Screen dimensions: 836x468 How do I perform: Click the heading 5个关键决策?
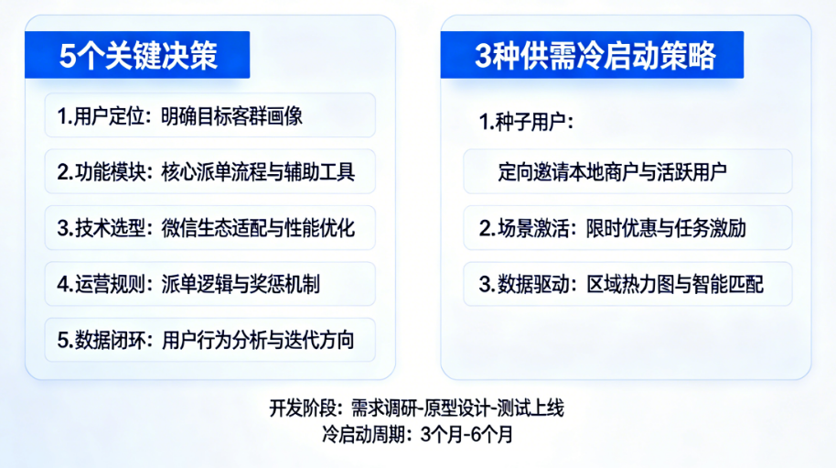(138, 55)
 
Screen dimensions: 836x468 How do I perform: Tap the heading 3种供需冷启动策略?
(595, 55)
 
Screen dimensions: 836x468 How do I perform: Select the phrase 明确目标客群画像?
(232, 115)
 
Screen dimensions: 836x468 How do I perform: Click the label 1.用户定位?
(101, 115)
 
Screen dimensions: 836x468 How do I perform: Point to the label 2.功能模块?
(101, 172)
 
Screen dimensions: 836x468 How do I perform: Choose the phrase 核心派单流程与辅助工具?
(258, 172)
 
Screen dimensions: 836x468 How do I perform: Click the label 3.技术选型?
(101, 228)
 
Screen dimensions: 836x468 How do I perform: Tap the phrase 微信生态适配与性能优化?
(258, 228)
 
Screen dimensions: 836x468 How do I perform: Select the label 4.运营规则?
(101, 284)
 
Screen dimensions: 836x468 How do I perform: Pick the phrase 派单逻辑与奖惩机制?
(241, 284)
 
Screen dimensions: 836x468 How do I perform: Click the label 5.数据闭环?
(101, 340)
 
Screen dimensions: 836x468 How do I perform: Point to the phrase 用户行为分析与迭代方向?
(258, 340)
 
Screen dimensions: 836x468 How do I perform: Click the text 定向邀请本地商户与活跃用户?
(612, 172)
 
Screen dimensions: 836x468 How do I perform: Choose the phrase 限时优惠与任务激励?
(666, 228)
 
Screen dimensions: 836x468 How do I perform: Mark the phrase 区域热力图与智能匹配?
(675, 284)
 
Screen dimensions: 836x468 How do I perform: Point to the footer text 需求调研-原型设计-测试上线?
(457, 408)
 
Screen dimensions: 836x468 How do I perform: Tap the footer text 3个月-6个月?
(466, 435)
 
